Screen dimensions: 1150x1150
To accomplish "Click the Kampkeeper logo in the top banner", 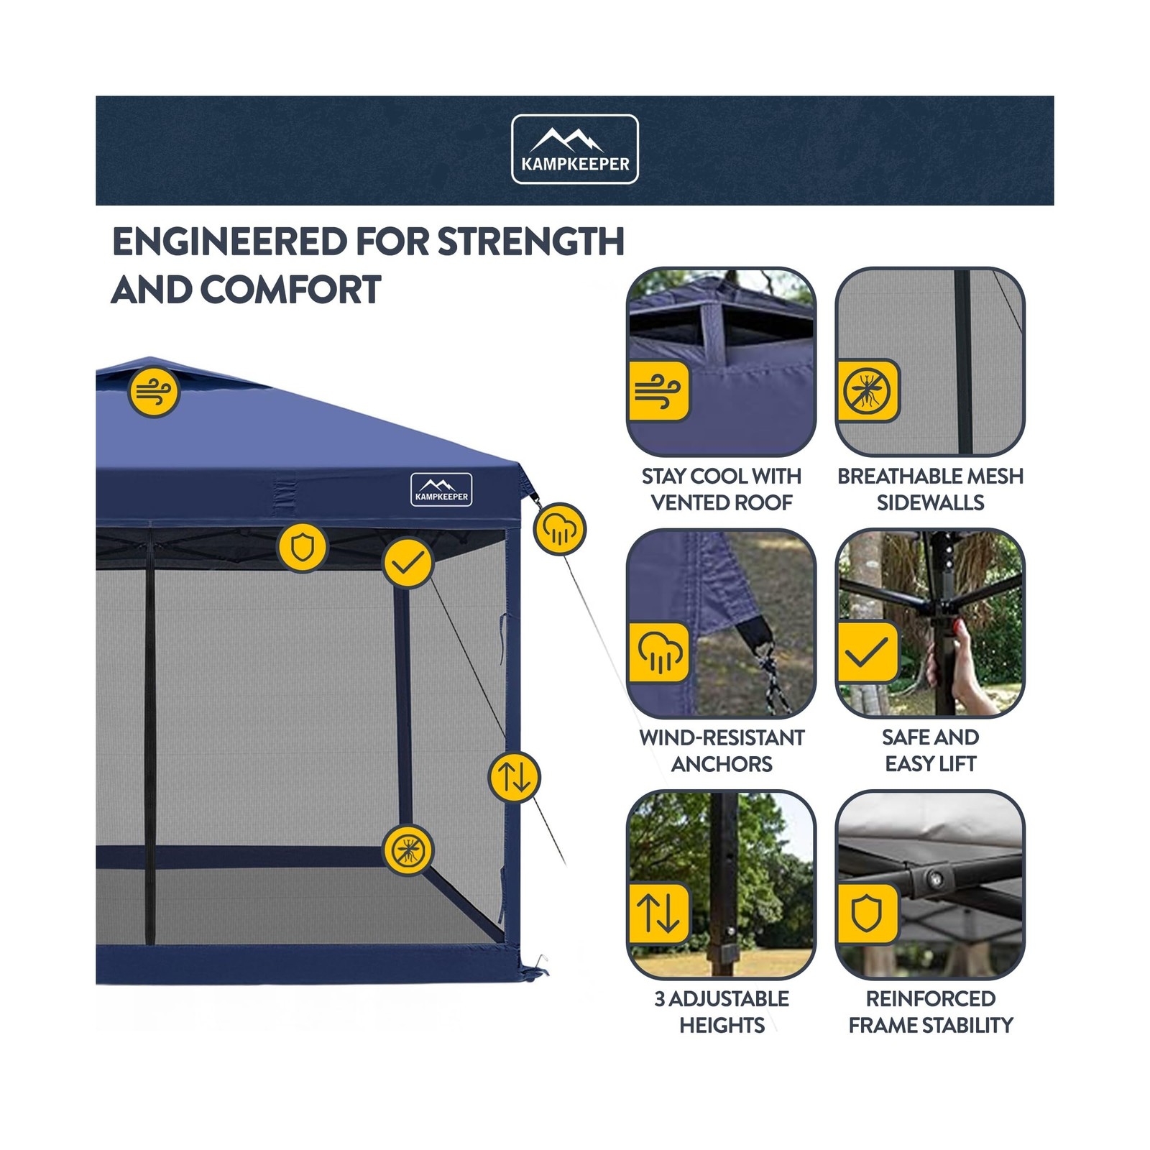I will click(x=574, y=149).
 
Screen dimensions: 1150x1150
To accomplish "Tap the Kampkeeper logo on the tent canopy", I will click(x=441, y=489).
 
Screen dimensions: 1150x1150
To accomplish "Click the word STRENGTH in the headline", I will click(x=530, y=241).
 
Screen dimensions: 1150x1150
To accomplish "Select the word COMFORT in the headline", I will click(x=291, y=290).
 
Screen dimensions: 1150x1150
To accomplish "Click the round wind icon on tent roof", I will click(x=153, y=392).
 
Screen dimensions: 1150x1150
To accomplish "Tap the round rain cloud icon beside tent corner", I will click(x=560, y=529).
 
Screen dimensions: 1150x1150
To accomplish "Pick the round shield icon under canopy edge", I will click(x=303, y=548).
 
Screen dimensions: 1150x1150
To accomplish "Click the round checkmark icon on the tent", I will click(x=408, y=562).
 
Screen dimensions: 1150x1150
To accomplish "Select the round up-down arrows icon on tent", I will click(x=514, y=776).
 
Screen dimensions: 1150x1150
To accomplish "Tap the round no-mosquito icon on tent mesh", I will click(x=408, y=850).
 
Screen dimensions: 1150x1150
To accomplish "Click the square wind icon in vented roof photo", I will click(x=658, y=391).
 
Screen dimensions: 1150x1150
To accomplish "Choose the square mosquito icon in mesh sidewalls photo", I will click(x=868, y=391).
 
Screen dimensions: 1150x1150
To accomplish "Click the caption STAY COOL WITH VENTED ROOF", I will click(x=721, y=489).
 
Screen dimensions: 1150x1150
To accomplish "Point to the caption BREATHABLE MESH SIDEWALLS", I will click(x=930, y=489).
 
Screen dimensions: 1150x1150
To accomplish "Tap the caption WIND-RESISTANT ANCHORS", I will click(x=721, y=750).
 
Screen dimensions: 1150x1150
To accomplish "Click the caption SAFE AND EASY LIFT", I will click(x=930, y=750).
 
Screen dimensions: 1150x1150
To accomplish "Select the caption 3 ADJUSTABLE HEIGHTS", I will click(x=721, y=1011).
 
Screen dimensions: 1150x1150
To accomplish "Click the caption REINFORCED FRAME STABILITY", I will click(x=930, y=1011).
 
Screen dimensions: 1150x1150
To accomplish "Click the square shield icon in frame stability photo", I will click(x=868, y=914).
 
